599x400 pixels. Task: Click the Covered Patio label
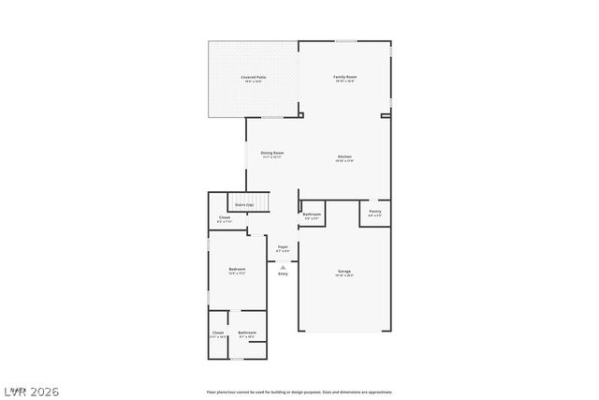tap(252, 77)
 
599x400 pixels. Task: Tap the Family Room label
tap(345, 77)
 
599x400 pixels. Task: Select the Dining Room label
tap(272, 153)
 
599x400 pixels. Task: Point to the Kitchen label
tap(344, 156)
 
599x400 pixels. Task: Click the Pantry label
tap(374, 212)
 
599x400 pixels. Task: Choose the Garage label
tap(344, 272)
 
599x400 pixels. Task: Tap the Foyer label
tap(283, 247)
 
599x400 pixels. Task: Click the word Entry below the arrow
tap(283, 274)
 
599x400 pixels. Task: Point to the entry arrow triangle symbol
tap(283, 266)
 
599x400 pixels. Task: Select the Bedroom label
tap(237, 270)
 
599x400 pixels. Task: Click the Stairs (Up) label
tap(243, 204)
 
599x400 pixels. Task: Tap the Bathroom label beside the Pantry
tap(312, 215)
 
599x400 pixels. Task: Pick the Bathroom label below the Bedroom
tap(247, 333)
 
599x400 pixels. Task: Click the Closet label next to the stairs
tap(225, 217)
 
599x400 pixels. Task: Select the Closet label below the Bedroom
tap(218, 333)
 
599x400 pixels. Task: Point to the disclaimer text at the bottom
tap(299, 392)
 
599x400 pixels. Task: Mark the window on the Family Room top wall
tap(345, 40)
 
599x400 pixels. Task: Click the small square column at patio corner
tap(301, 115)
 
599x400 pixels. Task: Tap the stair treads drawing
tap(262, 203)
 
